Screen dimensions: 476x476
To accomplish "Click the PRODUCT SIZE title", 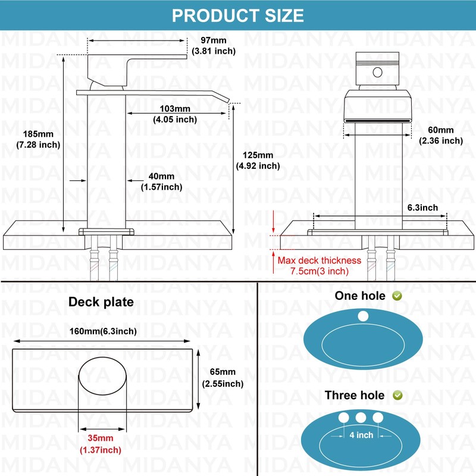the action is click(x=237, y=15).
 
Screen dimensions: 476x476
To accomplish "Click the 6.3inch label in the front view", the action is click(x=422, y=207).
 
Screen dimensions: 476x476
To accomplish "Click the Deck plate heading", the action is click(x=101, y=302).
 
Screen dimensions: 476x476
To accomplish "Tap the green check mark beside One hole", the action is click(x=397, y=296).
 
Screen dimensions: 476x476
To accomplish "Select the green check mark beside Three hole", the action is click(x=397, y=395).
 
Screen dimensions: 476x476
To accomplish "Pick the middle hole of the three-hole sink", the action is click(x=361, y=417).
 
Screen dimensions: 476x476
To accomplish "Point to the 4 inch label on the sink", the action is click(x=361, y=435).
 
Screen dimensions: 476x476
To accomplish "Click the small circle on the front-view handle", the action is click(x=377, y=73).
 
